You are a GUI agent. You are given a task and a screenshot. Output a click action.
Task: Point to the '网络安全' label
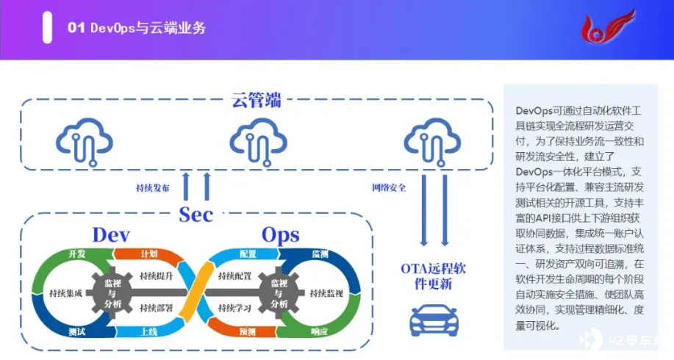389,187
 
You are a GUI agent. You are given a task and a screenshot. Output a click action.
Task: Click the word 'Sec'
196,215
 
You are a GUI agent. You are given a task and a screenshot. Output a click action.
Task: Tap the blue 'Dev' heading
111,234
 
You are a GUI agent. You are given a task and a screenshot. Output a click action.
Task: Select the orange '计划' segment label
148,254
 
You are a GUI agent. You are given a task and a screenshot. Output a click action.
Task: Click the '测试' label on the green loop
77,332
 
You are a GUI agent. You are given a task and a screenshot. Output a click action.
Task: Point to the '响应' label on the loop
319,332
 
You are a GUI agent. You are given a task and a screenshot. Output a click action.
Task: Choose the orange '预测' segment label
247,332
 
